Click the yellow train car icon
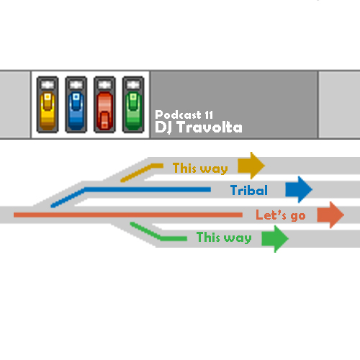click(48, 104)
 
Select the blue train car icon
click(76, 104)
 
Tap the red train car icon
click(104, 104)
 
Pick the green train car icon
click(133, 104)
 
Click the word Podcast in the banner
click(178, 114)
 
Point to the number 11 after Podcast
click(209, 115)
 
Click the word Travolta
click(210, 127)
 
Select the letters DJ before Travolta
click(165, 127)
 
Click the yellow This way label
click(200, 168)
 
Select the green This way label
click(224, 238)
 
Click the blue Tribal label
click(249, 190)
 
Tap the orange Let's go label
click(281, 215)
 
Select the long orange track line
click(128, 215)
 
